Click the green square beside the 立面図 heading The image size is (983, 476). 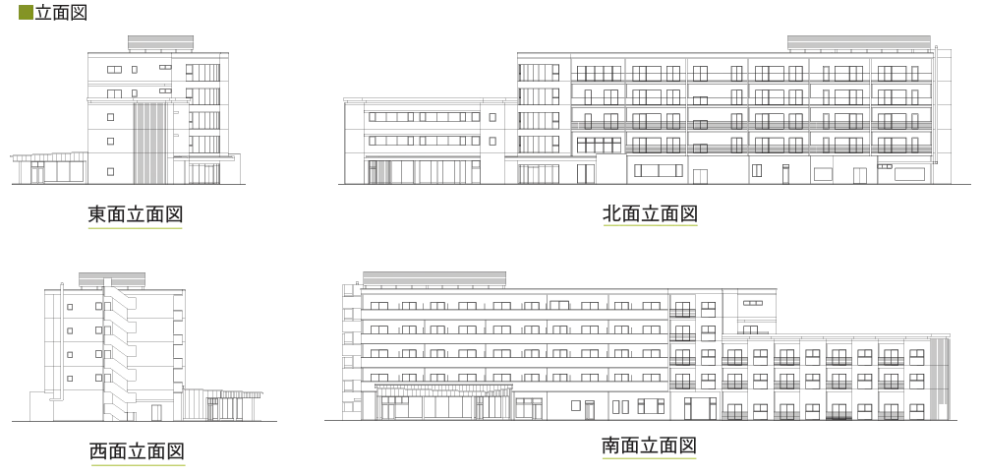(x=26, y=12)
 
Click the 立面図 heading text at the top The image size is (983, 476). (x=61, y=13)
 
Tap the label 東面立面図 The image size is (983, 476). (x=136, y=214)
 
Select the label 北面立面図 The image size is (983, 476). (x=650, y=213)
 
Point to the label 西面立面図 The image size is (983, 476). (x=138, y=450)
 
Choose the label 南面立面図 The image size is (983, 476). (x=650, y=446)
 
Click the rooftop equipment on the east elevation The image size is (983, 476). (x=160, y=43)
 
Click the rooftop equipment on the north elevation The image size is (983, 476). (x=859, y=43)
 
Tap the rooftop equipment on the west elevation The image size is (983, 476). (x=112, y=280)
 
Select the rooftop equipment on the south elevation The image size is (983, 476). (x=434, y=279)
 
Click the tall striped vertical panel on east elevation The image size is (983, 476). (x=149, y=144)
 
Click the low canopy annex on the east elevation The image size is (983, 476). (x=49, y=168)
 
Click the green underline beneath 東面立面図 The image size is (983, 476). (x=136, y=228)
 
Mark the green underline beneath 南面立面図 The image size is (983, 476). (x=650, y=458)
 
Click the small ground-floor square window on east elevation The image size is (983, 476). (x=110, y=171)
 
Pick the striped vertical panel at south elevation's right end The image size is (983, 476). (x=939, y=379)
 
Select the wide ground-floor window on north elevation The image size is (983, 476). (x=659, y=170)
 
